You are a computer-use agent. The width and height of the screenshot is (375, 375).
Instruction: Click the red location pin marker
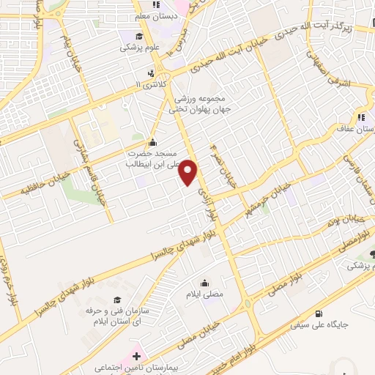pos(189,172)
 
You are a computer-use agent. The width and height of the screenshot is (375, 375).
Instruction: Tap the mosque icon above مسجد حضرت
pos(152,142)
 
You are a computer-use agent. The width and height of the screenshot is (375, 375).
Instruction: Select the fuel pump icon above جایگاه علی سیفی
pos(318,314)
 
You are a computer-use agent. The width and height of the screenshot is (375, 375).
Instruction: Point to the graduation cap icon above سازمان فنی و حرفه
pos(117,300)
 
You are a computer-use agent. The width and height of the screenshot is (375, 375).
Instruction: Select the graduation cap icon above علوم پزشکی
pos(138,35)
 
